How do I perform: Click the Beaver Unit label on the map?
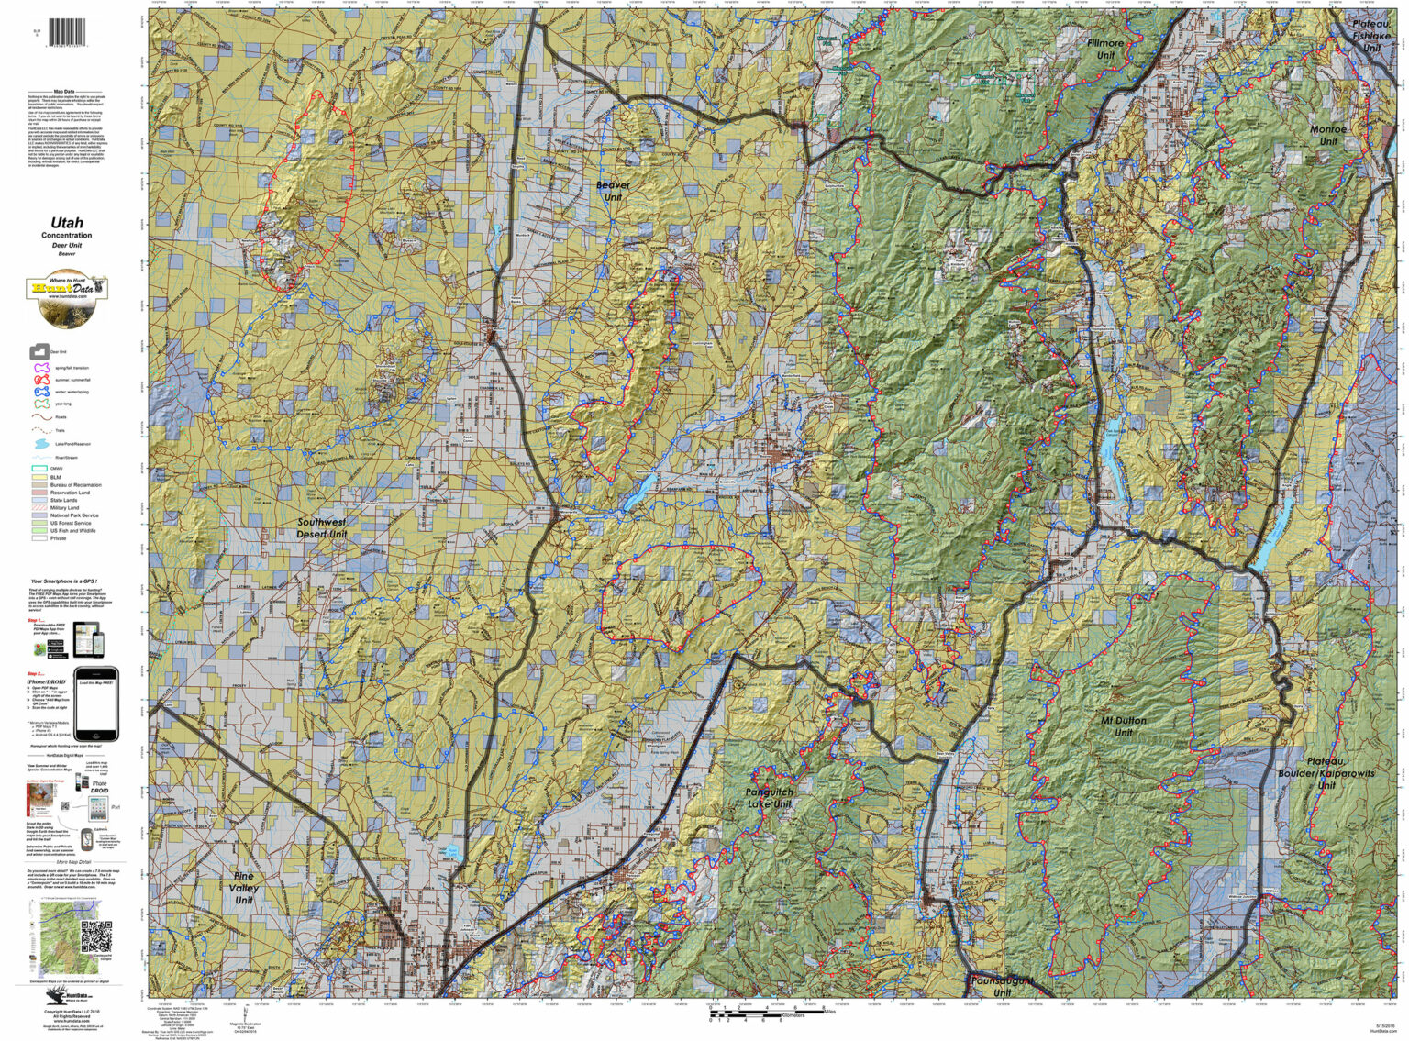(613, 190)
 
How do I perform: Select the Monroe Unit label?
(1328, 135)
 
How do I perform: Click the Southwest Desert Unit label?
(322, 527)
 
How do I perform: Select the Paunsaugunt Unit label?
(1002, 986)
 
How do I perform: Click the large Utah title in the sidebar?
(66, 223)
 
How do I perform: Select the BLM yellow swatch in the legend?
(39, 478)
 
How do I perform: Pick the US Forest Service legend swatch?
(39, 523)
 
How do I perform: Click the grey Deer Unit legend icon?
(39, 351)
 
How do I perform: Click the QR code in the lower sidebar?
(95, 936)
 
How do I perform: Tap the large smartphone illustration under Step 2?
(96, 704)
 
